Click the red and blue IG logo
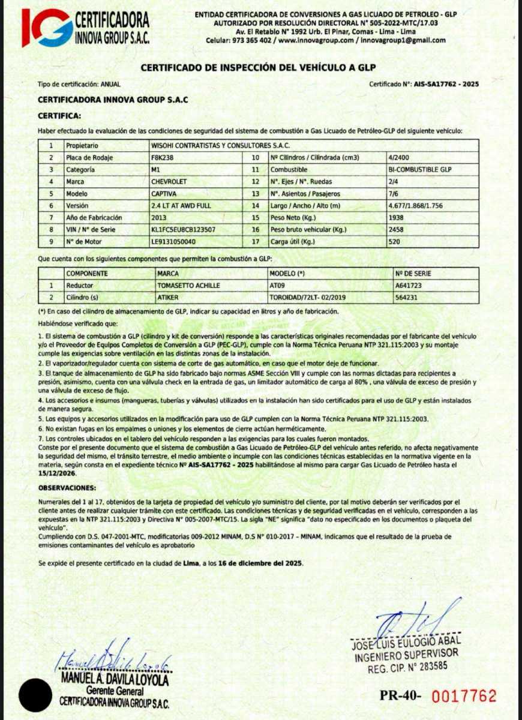[x=46, y=27]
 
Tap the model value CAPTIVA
[x=163, y=194]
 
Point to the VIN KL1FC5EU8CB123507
[x=183, y=229]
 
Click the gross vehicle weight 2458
[x=396, y=229]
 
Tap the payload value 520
[x=394, y=241]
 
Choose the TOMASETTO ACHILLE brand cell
[x=185, y=286]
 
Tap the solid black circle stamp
[x=35, y=695]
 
